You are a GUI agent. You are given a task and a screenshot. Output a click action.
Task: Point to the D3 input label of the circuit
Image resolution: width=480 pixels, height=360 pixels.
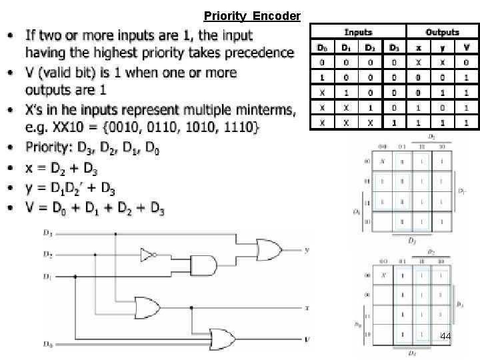(x=47, y=233)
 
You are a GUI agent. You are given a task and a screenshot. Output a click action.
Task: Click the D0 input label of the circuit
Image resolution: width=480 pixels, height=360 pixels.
(x=47, y=345)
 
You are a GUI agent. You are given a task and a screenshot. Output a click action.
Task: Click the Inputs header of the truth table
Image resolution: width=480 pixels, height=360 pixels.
(x=358, y=32)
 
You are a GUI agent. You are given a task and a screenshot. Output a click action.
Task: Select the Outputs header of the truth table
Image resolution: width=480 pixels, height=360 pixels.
(x=442, y=32)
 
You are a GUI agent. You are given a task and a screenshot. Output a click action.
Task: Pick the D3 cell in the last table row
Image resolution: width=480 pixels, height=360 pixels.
(x=395, y=121)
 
